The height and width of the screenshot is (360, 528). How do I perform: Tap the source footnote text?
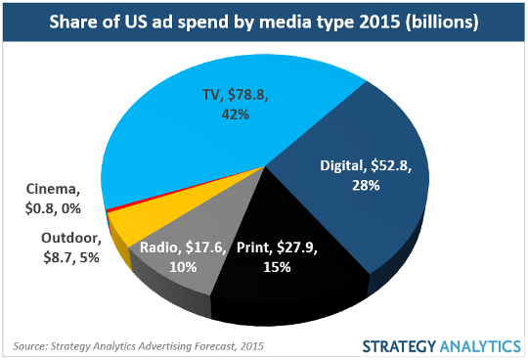(138, 345)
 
